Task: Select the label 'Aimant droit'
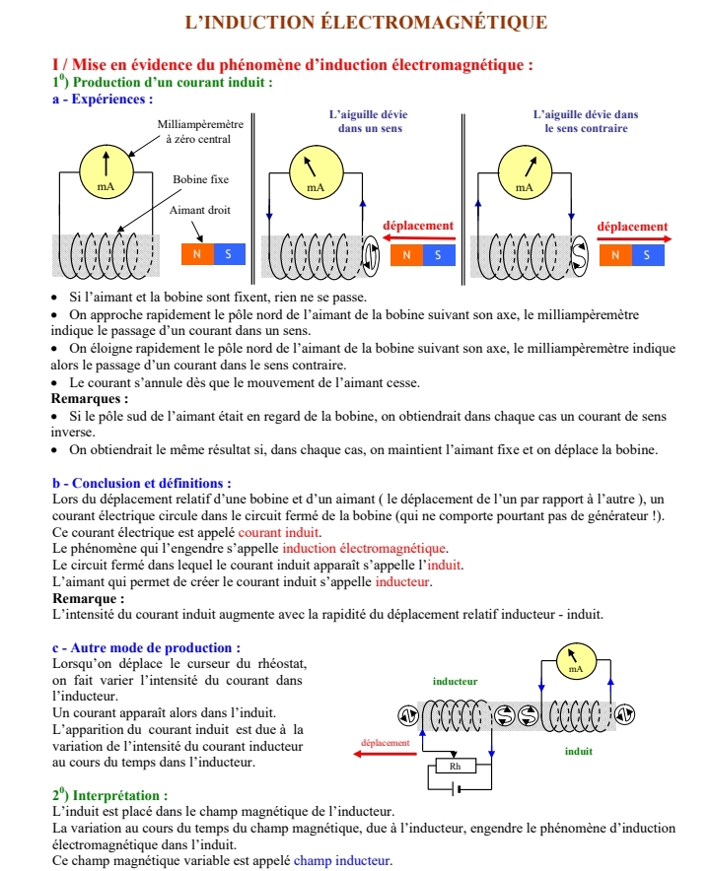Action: pyautogui.click(x=200, y=211)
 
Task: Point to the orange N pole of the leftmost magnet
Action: pyautogui.click(x=197, y=254)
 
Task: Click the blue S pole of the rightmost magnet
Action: pyautogui.click(x=648, y=255)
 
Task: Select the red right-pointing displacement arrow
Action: pyautogui.click(x=633, y=239)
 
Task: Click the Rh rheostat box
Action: pyautogui.click(x=455, y=766)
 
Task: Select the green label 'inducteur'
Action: pyautogui.click(x=456, y=681)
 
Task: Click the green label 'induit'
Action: pyautogui.click(x=579, y=751)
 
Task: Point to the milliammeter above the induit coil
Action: pyautogui.click(x=576, y=661)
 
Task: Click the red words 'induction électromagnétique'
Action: pyautogui.click(x=365, y=549)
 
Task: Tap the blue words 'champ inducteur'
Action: pyautogui.click(x=342, y=860)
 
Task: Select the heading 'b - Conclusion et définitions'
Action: pyautogui.click(x=141, y=483)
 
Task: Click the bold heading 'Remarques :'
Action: pyautogui.click(x=90, y=399)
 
